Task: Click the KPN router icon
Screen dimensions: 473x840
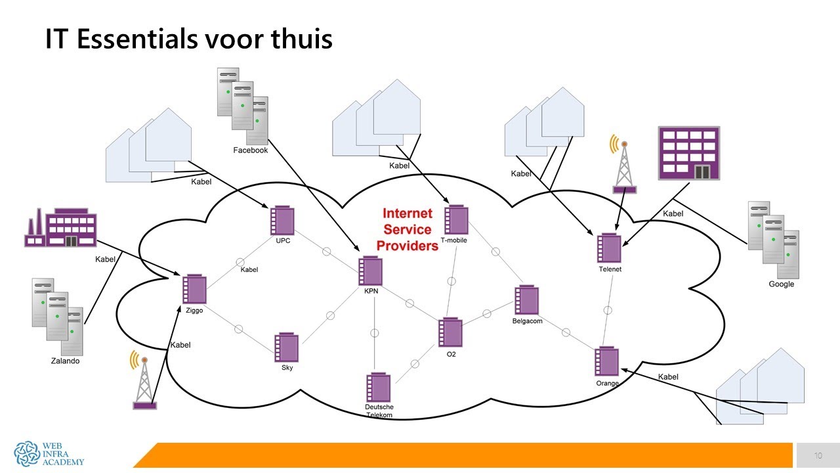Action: [x=370, y=271]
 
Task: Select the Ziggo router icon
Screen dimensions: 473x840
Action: [x=194, y=290]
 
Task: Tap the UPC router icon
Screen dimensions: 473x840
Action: [x=282, y=221]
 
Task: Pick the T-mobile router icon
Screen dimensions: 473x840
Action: [x=456, y=220]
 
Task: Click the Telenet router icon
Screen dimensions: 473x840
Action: [x=609, y=249]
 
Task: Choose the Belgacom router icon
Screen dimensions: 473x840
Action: [x=526, y=301]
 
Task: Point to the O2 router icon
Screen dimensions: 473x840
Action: [x=450, y=333]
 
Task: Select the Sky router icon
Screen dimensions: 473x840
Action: [x=286, y=348]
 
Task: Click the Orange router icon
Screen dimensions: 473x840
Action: [x=606, y=362]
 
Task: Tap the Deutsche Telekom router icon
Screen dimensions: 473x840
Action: [x=379, y=388]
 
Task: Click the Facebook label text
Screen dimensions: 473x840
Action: [x=251, y=150]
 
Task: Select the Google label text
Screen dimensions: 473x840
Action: [x=781, y=284]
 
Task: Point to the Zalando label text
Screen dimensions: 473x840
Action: [x=65, y=361]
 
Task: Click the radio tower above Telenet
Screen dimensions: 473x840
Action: [x=623, y=164]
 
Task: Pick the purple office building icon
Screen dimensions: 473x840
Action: [x=689, y=153]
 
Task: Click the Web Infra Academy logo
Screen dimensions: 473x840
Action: [x=49, y=453]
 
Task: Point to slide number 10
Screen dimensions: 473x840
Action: [x=818, y=456]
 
